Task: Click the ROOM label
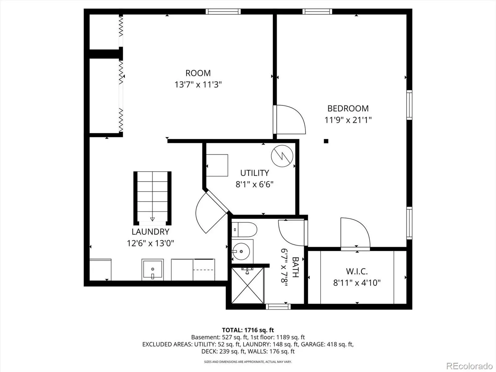198,73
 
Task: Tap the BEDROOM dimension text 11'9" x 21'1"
348,120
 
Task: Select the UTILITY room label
255,173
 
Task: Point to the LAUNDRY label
150,232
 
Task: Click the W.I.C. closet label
357,271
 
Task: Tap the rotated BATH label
295,267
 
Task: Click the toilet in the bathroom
244,229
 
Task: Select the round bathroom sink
241,251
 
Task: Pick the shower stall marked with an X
248,286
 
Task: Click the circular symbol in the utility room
282,156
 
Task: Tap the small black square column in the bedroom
326,141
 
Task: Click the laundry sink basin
153,270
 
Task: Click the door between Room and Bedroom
290,119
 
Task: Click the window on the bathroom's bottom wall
278,307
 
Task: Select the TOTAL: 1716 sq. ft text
248,330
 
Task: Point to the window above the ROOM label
223,11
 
